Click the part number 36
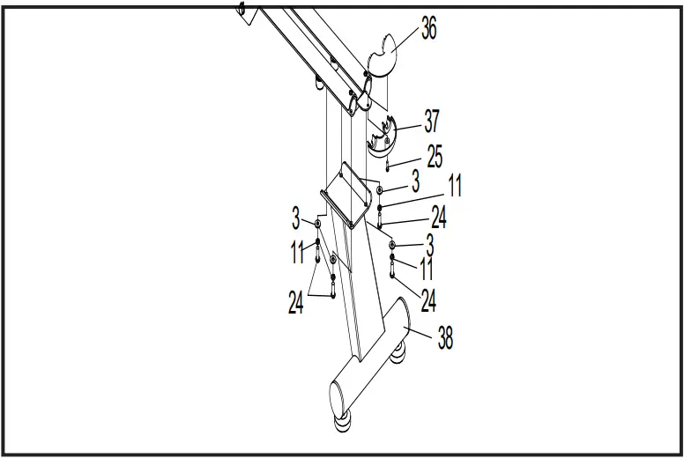click(428, 28)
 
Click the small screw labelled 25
click(387, 165)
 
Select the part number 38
click(445, 337)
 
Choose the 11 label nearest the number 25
click(454, 186)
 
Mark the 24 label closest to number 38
click(428, 300)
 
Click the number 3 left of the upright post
click(297, 216)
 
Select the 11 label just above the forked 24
click(297, 253)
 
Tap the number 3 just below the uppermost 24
click(429, 241)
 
